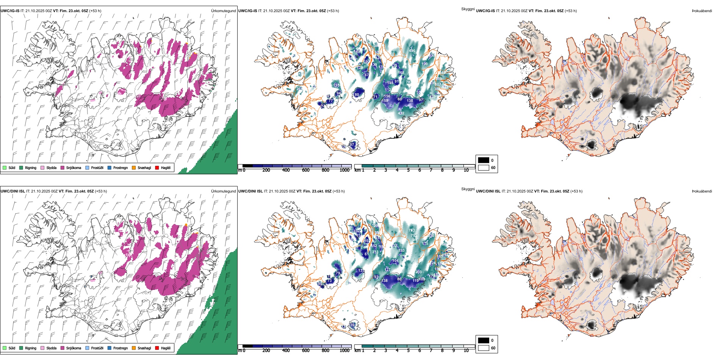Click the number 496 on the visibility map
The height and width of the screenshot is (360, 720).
tap(412, 50)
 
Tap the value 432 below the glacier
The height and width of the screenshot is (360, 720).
tap(401, 113)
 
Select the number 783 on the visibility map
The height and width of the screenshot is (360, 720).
tap(412, 230)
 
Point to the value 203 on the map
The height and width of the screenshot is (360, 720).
tap(418, 272)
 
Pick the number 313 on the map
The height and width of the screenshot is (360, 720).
tap(375, 252)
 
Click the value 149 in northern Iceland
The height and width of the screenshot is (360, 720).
tap(357, 52)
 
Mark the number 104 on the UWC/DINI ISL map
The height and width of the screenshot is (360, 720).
tap(395, 261)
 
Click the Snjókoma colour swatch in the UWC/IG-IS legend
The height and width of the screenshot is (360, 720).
tap(63, 167)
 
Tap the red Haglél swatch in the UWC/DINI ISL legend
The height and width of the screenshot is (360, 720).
tap(157, 348)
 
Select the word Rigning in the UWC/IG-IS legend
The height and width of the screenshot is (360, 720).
tap(31, 167)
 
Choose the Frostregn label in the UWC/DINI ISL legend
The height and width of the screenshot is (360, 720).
tap(121, 348)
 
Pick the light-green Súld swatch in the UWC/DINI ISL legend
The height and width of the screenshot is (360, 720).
tap(5, 348)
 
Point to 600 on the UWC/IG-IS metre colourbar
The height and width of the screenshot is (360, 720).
tap(306, 170)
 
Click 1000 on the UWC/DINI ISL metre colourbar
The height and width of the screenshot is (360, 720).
tap(344, 351)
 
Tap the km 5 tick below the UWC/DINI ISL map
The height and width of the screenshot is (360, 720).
tap(408, 351)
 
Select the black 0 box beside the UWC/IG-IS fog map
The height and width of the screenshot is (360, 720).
tap(484, 160)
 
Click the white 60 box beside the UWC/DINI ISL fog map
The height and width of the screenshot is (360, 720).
tap(484, 348)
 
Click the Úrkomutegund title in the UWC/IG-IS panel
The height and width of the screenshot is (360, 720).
tap(223, 11)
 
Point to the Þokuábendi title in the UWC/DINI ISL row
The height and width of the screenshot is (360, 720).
tap(702, 191)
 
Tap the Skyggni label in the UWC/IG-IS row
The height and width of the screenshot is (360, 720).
tap(468, 9)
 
